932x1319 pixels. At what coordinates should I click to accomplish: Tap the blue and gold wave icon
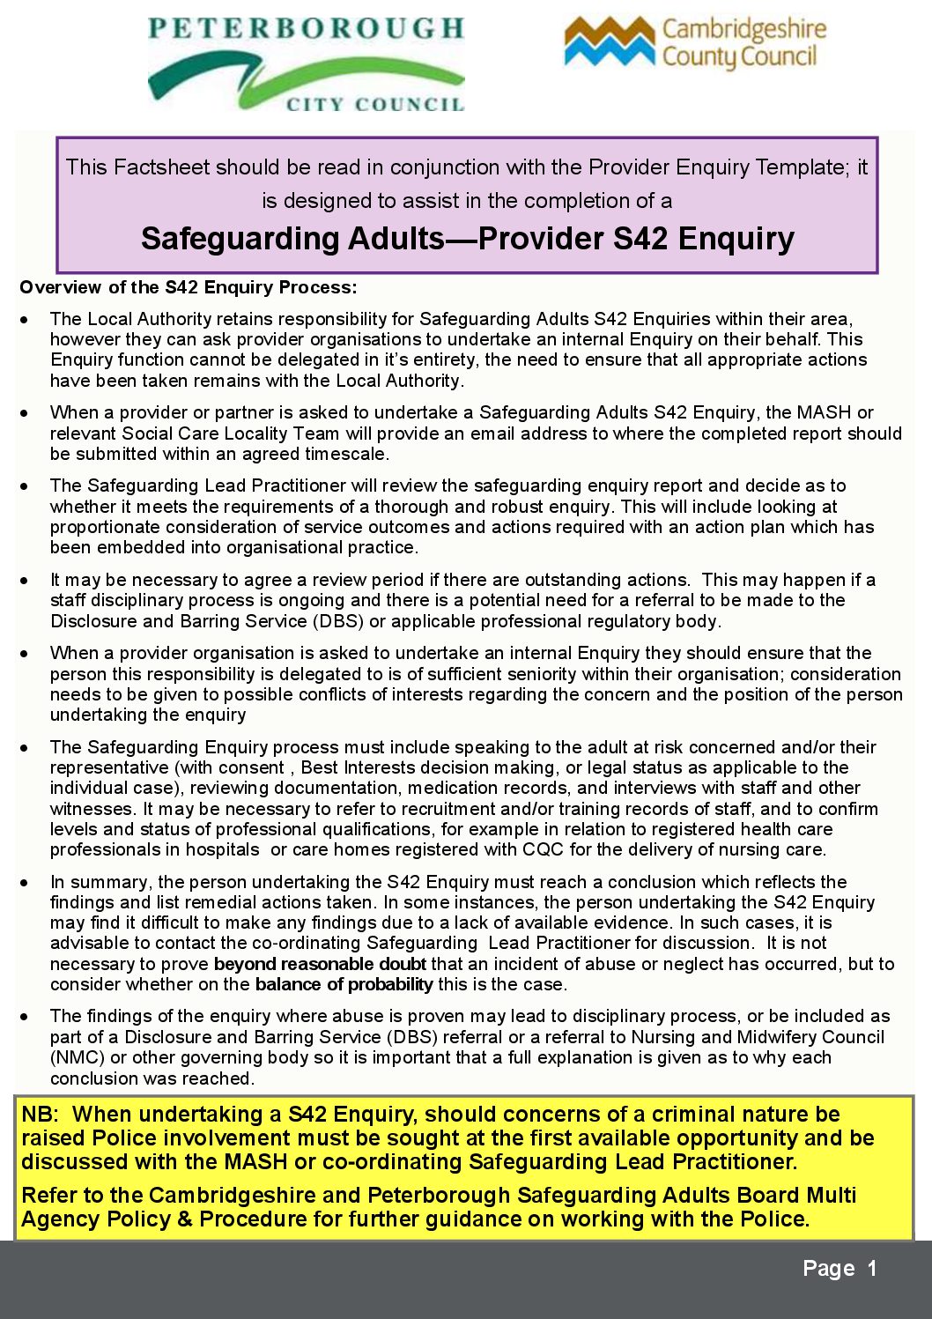click(x=609, y=42)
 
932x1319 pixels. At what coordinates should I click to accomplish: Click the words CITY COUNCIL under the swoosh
click(x=374, y=105)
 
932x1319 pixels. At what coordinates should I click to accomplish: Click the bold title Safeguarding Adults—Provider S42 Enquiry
click(x=467, y=239)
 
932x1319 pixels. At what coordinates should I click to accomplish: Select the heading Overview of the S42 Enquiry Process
click(x=188, y=287)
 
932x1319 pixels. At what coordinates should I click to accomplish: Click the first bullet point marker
click(x=25, y=319)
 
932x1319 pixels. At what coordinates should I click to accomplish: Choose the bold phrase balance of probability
click(x=344, y=984)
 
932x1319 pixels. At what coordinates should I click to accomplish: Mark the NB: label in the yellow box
click(x=40, y=1115)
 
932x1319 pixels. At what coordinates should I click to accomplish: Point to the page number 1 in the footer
click(x=871, y=1269)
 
